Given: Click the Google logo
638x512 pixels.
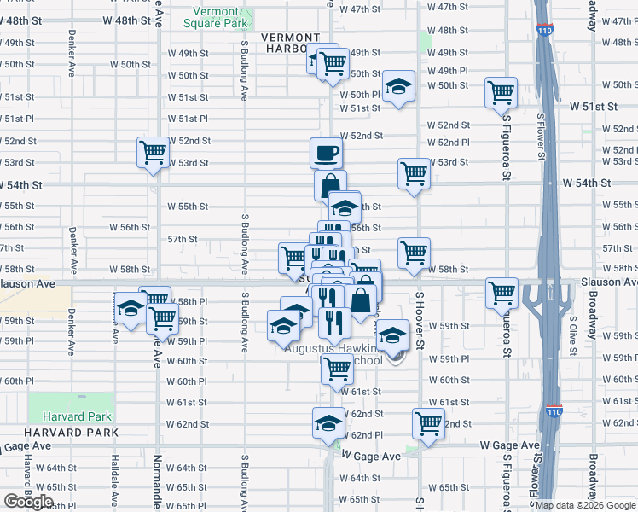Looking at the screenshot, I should tap(28, 502).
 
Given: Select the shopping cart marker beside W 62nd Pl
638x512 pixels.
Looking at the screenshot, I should tap(428, 422).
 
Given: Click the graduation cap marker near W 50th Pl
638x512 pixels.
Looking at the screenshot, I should tap(397, 86).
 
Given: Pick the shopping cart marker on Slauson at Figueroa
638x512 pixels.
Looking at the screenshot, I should tap(502, 293).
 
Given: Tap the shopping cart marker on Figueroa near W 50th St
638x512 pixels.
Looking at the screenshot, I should tap(501, 92).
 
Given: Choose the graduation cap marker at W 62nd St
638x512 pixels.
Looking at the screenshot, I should tap(328, 422).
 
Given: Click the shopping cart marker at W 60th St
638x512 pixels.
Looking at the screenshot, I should tap(337, 369).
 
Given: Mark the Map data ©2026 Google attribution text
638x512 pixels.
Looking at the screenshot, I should tap(585, 505).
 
